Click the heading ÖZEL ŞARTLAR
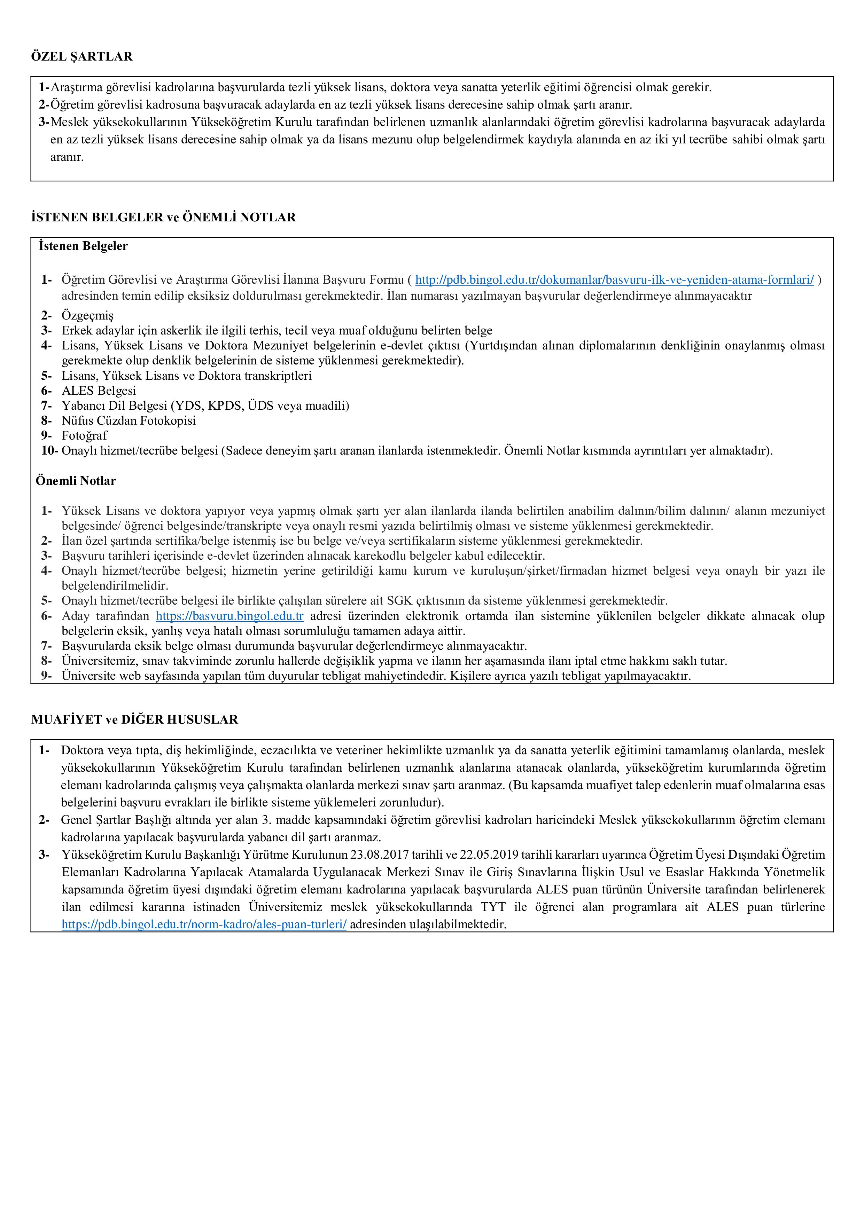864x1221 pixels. [82, 57]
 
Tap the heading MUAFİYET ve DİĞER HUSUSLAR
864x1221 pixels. [135, 719]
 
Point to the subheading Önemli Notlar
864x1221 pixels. [76, 481]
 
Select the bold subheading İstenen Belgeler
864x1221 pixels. [83, 246]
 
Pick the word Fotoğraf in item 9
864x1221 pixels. [85, 435]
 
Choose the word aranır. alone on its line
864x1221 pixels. [67, 157]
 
